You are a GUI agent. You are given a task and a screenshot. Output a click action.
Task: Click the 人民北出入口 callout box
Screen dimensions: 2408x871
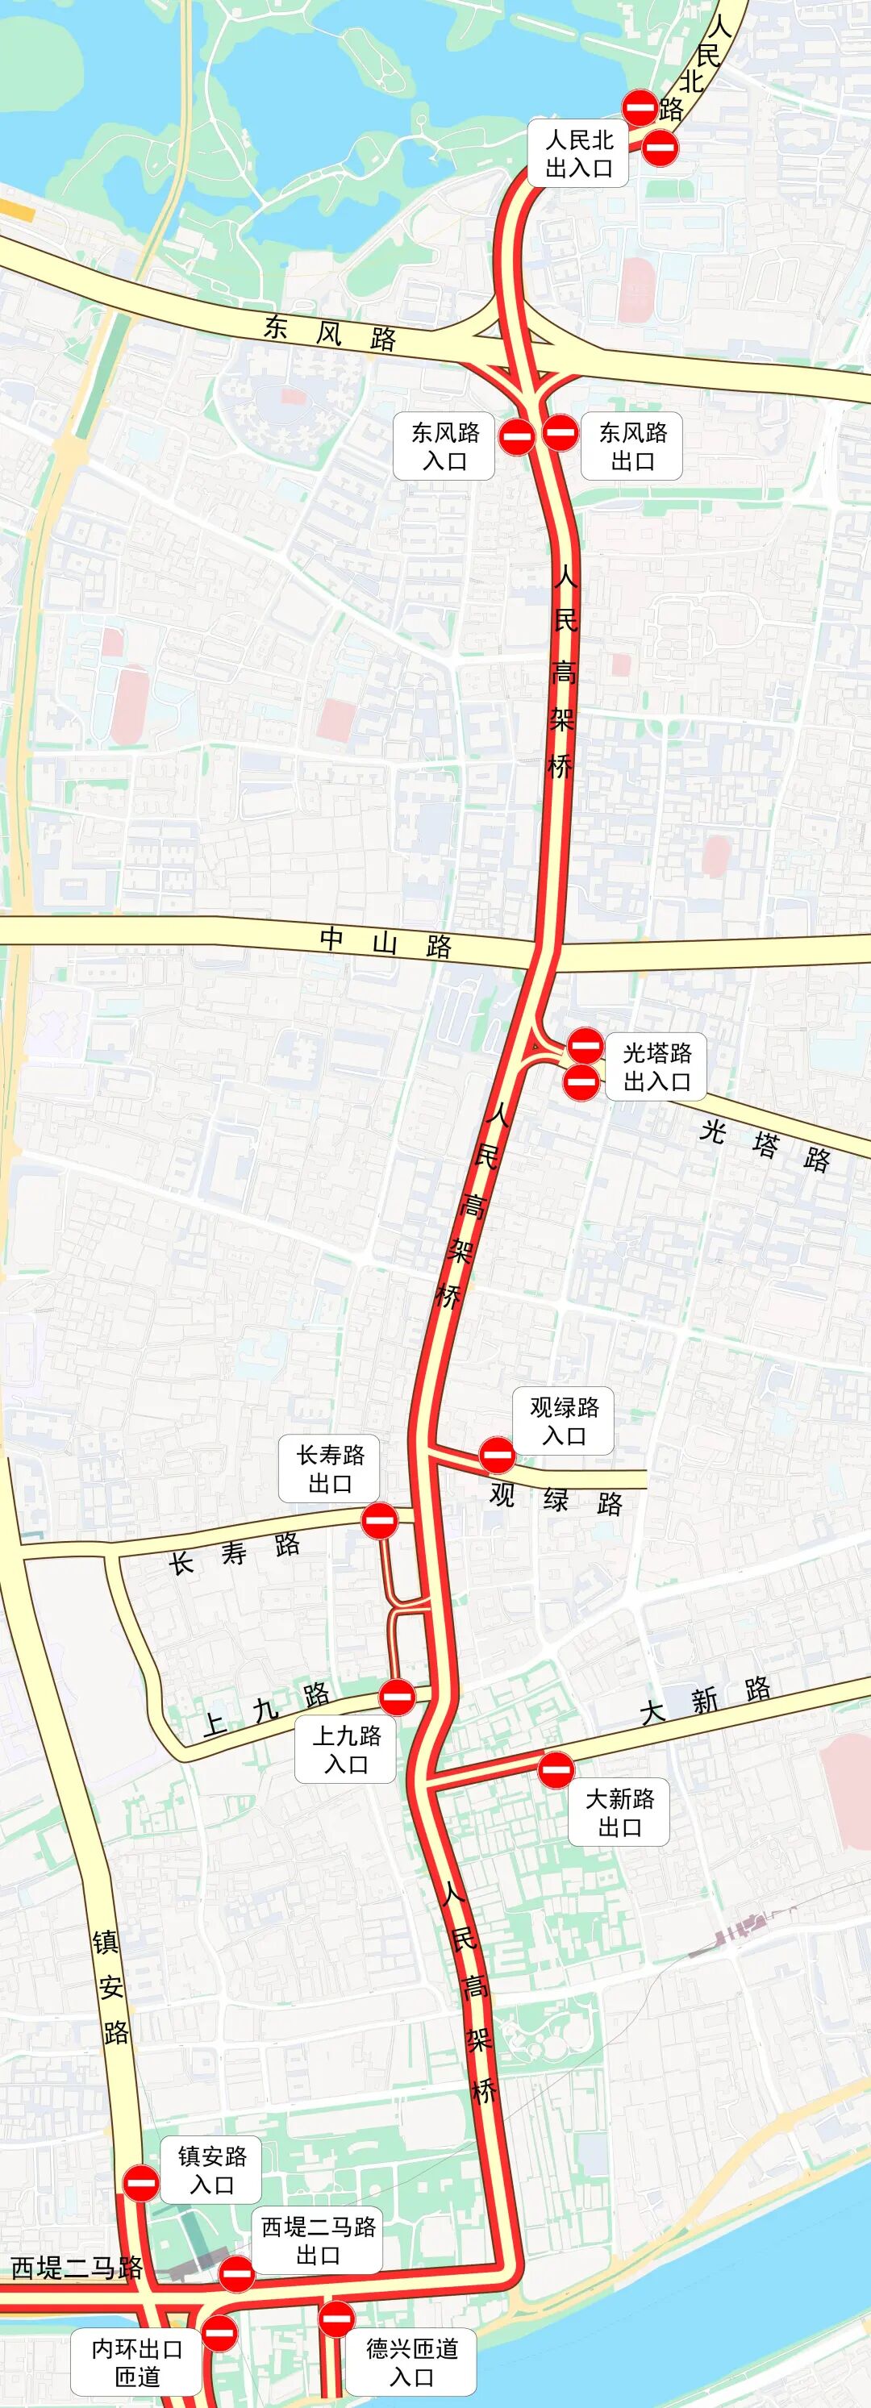(x=578, y=154)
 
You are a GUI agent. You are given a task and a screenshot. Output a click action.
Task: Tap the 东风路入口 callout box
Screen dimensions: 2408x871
(x=444, y=446)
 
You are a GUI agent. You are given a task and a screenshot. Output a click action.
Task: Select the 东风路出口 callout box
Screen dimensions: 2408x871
(x=631, y=446)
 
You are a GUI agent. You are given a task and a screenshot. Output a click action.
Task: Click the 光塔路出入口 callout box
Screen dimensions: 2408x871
(x=657, y=1067)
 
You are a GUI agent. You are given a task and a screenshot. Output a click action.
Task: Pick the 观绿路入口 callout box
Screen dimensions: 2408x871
(x=564, y=1421)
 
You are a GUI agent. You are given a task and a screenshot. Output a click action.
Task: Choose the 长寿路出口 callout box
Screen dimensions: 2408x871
(x=330, y=1469)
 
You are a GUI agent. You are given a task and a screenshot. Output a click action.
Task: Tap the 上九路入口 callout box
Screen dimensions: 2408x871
(x=346, y=1749)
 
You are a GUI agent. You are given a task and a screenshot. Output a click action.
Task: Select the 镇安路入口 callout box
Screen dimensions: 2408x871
(x=211, y=2169)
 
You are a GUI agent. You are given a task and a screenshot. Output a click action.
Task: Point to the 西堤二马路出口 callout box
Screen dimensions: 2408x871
(x=318, y=2241)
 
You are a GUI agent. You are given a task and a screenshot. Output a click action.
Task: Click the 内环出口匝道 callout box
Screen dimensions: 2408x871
(x=137, y=2362)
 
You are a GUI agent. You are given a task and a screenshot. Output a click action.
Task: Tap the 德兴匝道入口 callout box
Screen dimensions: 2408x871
(x=411, y=2362)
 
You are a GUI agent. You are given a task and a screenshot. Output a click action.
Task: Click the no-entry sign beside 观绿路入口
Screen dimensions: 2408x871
(x=497, y=1456)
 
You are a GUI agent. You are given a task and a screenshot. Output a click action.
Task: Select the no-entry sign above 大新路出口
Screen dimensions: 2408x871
(x=556, y=1769)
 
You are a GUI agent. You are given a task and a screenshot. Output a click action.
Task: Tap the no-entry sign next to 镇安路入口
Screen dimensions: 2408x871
(x=142, y=2184)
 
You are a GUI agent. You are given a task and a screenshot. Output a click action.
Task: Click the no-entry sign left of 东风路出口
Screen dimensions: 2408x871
(x=560, y=432)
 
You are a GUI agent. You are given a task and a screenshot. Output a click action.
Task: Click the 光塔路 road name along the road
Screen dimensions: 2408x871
(x=765, y=1145)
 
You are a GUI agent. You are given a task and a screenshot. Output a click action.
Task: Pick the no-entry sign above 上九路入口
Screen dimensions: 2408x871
(x=397, y=1697)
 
